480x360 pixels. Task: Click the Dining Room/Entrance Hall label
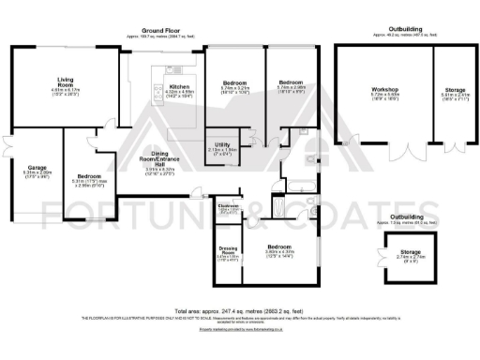158,164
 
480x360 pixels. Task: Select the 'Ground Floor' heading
161,30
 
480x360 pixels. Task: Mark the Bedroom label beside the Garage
91,176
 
